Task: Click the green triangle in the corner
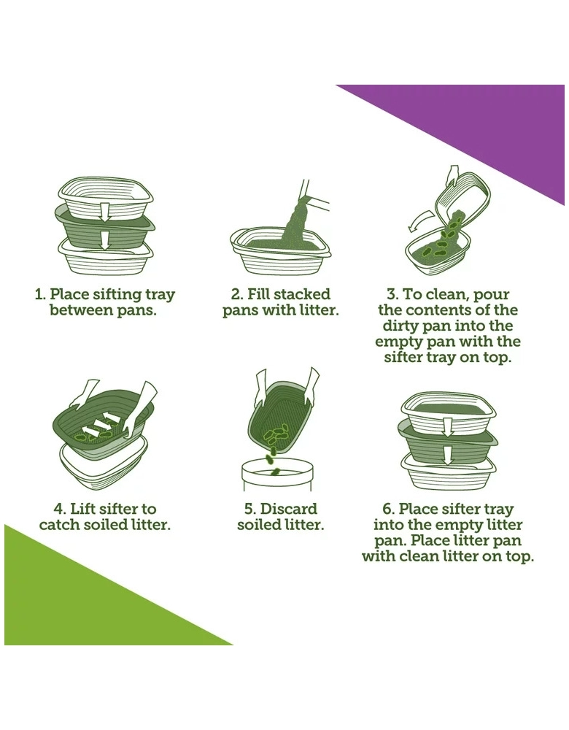click(79, 605)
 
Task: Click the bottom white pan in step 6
click(449, 469)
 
